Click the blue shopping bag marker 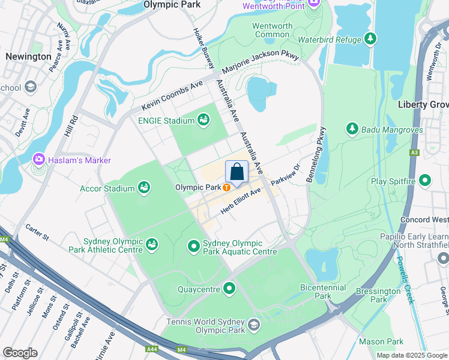tap(237, 172)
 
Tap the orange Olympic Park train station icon tap(226, 187)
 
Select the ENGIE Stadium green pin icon tap(203, 121)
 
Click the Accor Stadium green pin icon tap(144, 188)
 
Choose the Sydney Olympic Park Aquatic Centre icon tap(194, 246)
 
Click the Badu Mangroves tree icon tap(352, 128)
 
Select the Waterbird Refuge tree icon tap(371, 40)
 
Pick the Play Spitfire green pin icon tap(425, 181)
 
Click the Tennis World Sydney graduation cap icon tap(254, 326)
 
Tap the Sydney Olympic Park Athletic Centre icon tap(152, 245)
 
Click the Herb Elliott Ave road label tap(241, 200)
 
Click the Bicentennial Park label tap(323, 292)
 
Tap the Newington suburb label tap(28, 56)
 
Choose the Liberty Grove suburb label tap(424, 104)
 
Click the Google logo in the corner tap(20, 353)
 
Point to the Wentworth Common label tap(272, 30)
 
